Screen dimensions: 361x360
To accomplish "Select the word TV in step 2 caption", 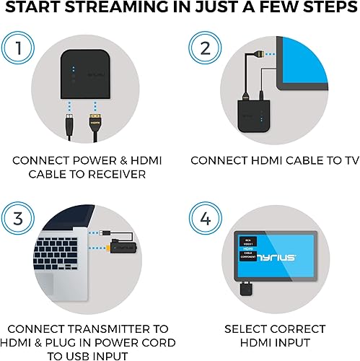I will coord(330,160).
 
